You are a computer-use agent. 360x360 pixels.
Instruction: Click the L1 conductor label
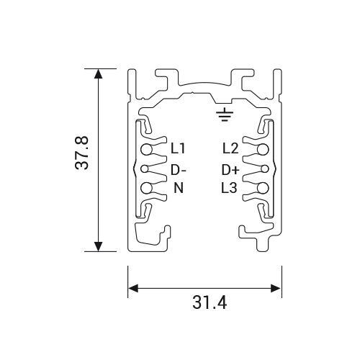coord(178,148)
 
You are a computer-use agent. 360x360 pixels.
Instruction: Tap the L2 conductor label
coord(230,148)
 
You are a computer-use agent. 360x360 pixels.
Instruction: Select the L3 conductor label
coord(230,188)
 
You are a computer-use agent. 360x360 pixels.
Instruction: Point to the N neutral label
coord(179,188)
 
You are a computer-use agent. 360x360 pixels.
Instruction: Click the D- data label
coord(179,170)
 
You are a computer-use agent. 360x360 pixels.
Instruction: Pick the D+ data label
coord(230,170)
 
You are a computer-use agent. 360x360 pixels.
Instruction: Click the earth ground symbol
coord(225,114)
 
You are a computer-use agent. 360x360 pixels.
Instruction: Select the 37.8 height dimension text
coord(82,153)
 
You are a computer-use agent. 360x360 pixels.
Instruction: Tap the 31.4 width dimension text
coord(210,303)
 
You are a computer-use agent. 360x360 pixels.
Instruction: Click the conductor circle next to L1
coord(146,150)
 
